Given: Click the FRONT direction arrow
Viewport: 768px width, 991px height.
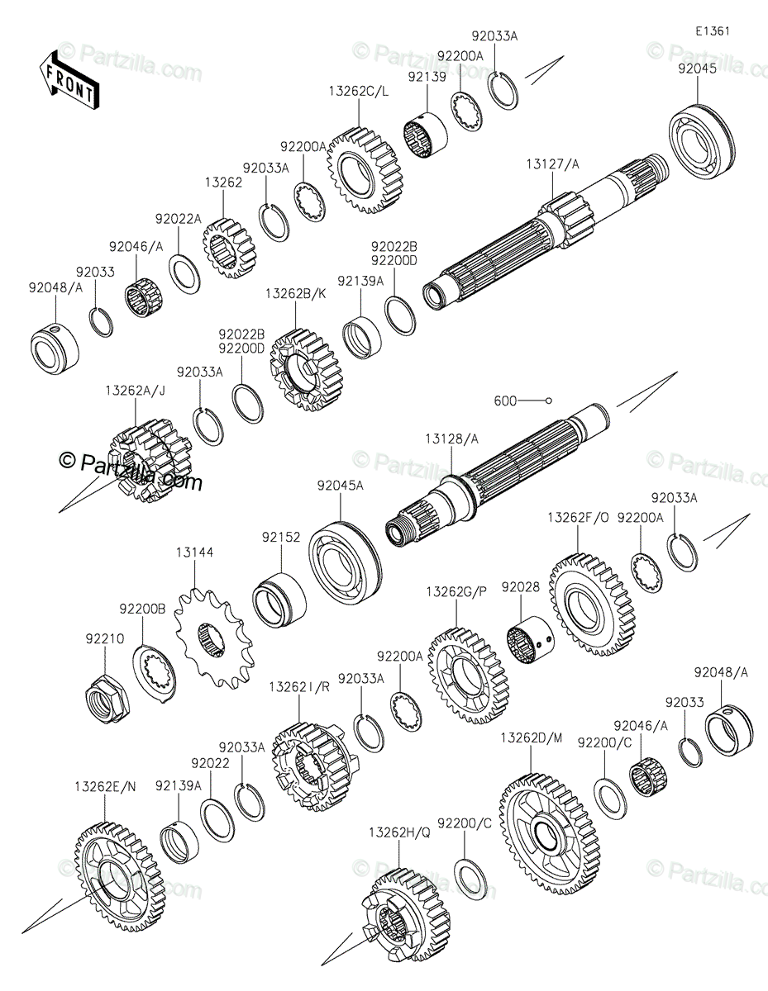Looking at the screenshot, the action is tap(69, 81).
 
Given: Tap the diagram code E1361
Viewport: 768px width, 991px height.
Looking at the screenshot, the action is tap(713, 31).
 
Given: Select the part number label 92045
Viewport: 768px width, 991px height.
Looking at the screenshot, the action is tap(697, 69).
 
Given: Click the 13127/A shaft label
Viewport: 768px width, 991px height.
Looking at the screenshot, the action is tap(552, 164).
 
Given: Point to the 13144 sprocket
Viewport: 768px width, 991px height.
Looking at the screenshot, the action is tap(212, 637).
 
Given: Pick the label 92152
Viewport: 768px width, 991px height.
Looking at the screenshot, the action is tap(281, 538).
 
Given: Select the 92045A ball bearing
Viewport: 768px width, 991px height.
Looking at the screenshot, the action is tap(346, 564).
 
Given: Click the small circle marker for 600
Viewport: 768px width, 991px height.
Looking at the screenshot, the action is tap(549, 401).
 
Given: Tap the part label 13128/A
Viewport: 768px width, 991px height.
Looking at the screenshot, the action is tap(451, 439).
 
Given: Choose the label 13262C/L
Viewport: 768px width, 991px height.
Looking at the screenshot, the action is tap(359, 92).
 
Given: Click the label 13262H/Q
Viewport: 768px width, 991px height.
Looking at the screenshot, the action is tap(400, 832).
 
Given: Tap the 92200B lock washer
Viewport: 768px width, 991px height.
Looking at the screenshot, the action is tap(154, 675).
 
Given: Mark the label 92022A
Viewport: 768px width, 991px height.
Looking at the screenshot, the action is tap(178, 220).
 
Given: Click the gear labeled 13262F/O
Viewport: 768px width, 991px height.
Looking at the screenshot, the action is tap(591, 605).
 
